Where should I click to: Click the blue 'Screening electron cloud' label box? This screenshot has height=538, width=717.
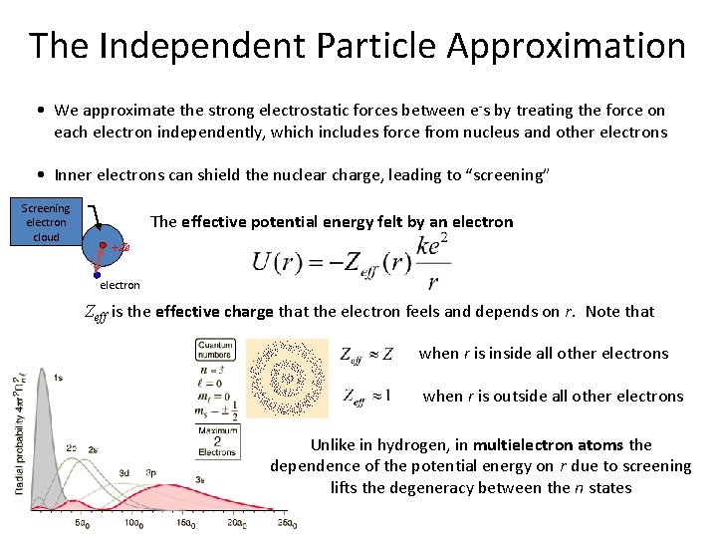click(46, 222)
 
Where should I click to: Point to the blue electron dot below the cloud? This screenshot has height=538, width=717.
click(98, 273)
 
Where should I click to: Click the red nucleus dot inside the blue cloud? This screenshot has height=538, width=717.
click(104, 244)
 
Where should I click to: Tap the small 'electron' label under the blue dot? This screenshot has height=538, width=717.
click(119, 286)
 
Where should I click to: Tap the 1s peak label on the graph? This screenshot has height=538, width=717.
click(59, 378)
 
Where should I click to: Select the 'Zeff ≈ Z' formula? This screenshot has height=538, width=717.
click(366, 355)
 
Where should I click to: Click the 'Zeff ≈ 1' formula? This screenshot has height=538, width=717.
click(365, 396)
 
